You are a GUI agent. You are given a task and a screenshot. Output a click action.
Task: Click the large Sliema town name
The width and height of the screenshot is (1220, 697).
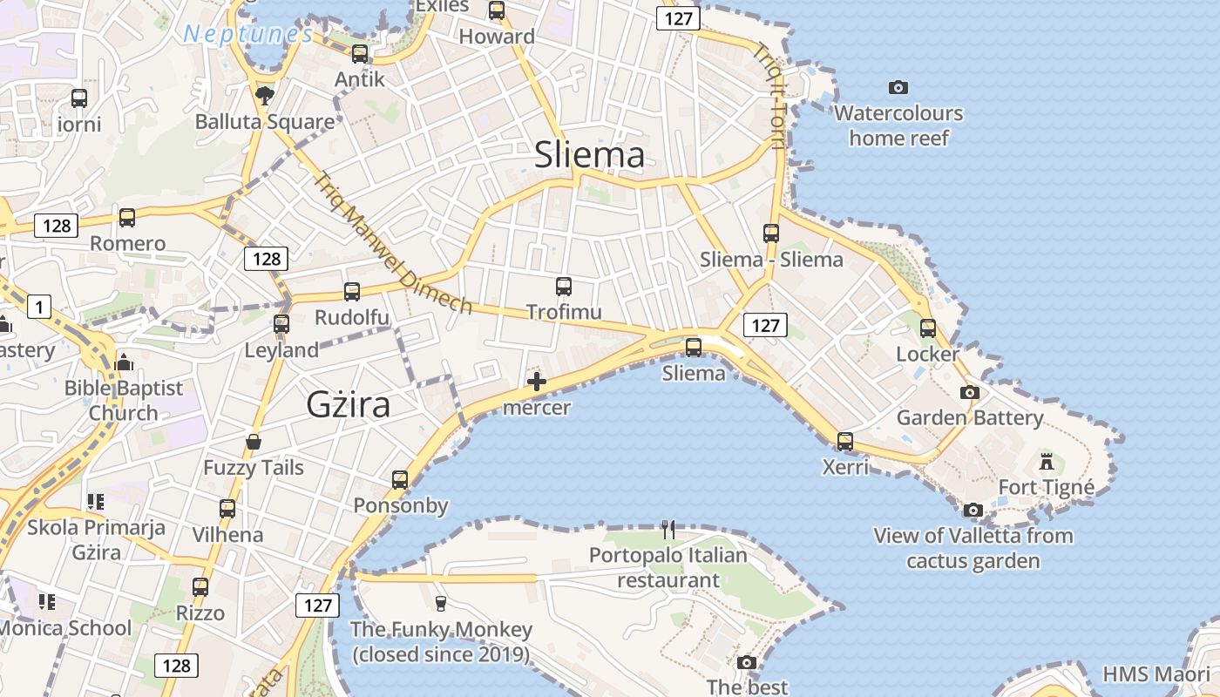click(590, 155)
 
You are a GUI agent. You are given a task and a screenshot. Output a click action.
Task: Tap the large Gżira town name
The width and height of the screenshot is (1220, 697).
click(348, 405)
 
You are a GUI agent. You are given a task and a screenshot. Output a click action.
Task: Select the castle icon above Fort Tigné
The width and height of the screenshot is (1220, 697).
click(1047, 461)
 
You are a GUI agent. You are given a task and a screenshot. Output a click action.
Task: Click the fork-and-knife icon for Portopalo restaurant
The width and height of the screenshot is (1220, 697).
click(668, 529)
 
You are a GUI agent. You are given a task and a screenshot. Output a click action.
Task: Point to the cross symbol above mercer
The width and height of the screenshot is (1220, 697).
click(537, 382)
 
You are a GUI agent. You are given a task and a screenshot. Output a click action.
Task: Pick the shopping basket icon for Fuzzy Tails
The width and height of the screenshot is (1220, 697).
click(254, 442)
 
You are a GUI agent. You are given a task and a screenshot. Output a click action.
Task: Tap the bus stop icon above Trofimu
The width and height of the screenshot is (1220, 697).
click(564, 286)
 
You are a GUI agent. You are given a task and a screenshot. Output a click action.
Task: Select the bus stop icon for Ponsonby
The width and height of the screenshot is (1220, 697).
click(400, 479)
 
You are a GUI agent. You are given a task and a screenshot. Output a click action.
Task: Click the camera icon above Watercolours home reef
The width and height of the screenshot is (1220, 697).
click(898, 87)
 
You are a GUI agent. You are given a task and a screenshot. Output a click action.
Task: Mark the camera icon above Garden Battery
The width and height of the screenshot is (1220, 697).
click(970, 392)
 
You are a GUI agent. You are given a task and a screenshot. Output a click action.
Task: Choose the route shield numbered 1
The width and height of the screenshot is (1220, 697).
click(39, 307)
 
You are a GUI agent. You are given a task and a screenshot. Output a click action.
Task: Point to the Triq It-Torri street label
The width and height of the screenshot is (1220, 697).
click(770, 101)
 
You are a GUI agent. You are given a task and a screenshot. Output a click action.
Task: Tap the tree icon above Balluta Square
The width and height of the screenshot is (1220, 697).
click(263, 94)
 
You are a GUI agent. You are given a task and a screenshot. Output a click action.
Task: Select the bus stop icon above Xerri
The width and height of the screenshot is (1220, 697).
click(845, 441)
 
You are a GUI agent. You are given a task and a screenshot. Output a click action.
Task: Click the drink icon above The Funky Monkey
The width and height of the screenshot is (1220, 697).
click(441, 603)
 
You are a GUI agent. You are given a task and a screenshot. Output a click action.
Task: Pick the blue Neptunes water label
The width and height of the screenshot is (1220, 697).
click(248, 35)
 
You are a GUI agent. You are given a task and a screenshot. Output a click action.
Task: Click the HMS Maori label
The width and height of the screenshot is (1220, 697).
click(1156, 674)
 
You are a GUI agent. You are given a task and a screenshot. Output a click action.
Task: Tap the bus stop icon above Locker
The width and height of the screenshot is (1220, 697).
click(928, 328)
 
